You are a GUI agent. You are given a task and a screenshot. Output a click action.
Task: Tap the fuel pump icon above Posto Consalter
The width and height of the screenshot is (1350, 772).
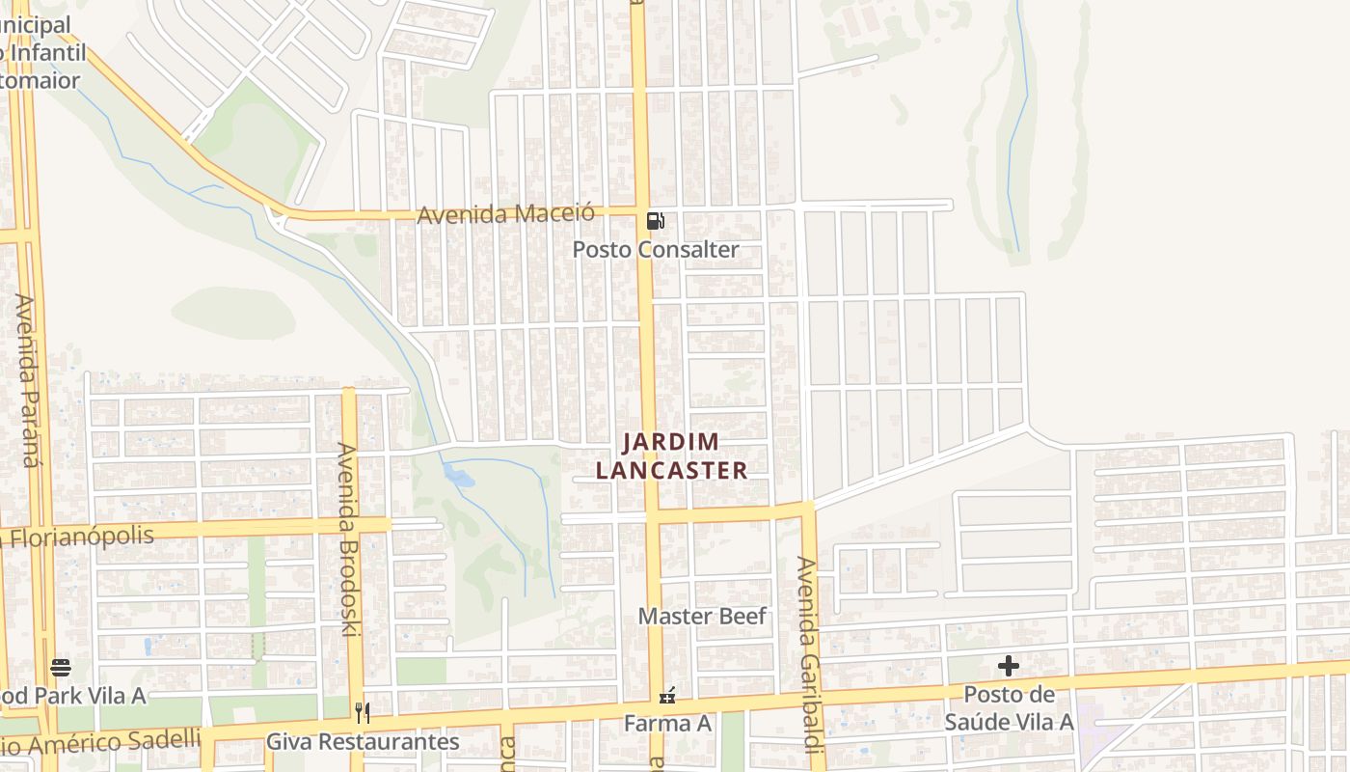point(656,221)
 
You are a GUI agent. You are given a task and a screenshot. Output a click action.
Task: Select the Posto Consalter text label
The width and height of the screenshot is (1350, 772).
point(656,250)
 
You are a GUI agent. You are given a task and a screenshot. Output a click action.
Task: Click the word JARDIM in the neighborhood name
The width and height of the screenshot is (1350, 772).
point(671,443)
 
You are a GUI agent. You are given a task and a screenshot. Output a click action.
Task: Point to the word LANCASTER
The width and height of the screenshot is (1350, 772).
point(671,471)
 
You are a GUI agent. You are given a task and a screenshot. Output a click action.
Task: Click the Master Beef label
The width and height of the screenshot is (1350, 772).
point(702,617)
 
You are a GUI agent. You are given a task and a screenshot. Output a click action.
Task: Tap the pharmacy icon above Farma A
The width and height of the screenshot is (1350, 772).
point(666,695)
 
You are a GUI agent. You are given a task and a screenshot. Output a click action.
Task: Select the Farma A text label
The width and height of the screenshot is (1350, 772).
point(667,723)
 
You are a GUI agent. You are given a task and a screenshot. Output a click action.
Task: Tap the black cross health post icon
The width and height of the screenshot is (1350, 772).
point(1009,666)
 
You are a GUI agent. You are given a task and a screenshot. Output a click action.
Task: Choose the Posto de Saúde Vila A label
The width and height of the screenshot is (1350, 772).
point(1009,708)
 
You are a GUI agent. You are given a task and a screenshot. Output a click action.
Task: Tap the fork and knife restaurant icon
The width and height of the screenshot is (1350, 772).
point(363,713)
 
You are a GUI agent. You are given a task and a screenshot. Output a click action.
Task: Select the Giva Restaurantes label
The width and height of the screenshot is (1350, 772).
point(363,742)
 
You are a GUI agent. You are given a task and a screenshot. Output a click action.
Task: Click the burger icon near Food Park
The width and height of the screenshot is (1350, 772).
point(61,667)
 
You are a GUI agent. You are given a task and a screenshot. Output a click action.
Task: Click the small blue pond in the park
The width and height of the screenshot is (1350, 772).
point(459,476)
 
